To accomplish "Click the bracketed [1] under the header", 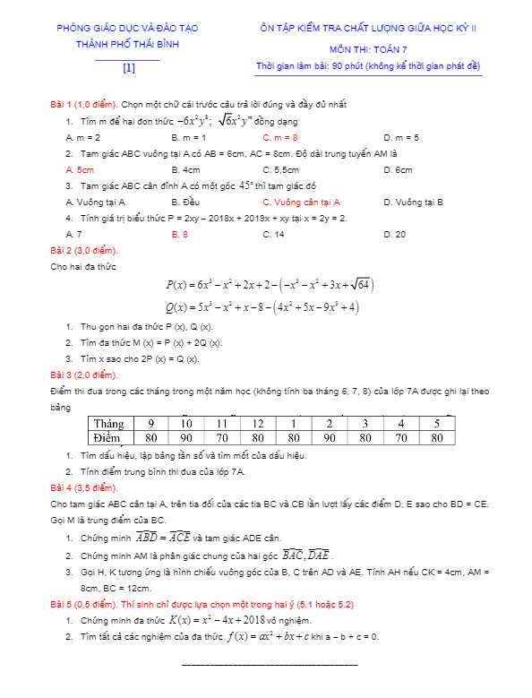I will click(x=129, y=67).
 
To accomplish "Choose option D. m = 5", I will click(x=401, y=137).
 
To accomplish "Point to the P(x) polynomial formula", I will click(x=270, y=285).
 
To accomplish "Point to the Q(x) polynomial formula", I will click(x=263, y=307).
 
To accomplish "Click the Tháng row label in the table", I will click(x=109, y=423).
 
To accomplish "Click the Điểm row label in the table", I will click(x=109, y=437).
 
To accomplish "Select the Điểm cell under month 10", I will click(x=186, y=437).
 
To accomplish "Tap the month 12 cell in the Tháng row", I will click(x=258, y=423).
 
